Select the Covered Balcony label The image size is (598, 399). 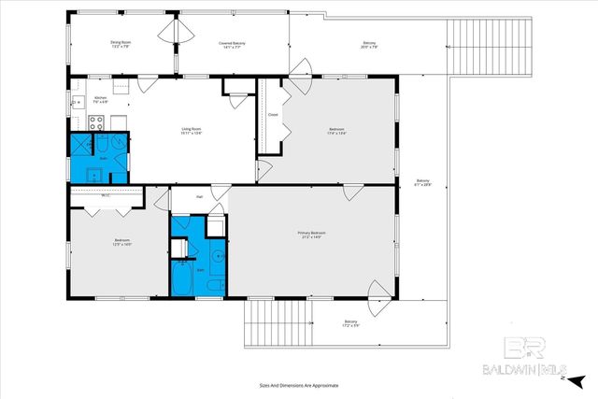pyautogui.click(x=234, y=45)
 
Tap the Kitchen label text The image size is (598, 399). pyautogui.click(x=101, y=99)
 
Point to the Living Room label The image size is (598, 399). pyautogui.click(x=192, y=131)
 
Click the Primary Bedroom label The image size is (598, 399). pyautogui.click(x=311, y=235)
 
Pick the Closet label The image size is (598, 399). pyautogui.click(x=273, y=115)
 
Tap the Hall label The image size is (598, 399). pyautogui.click(x=200, y=197)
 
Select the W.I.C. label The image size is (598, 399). pyautogui.click(x=106, y=195)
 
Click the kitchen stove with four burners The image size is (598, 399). pyautogui.click(x=95, y=121)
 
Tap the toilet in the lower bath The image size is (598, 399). pyautogui.click(x=213, y=284)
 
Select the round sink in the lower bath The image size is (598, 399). pyautogui.click(x=217, y=254)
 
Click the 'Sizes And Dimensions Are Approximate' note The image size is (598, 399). pyautogui.click(x=298, y=385)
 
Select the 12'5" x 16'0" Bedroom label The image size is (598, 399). pyautogui.click(x=121, y=242)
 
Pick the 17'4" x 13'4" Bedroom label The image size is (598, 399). pyautogui.click(x=336, y=131)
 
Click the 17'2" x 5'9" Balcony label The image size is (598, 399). pyautogui.click(x=350, y=323)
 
